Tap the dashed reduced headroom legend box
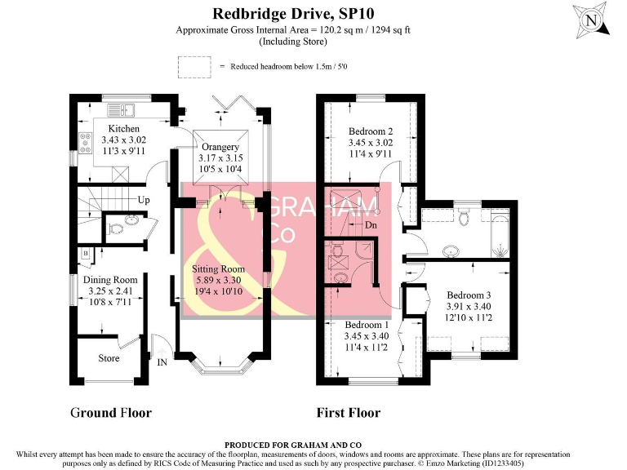[193, 65]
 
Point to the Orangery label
[220, 147]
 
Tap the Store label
[109, 358]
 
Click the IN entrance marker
[162, 361]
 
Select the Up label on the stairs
[144, 200]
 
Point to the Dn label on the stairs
[371, 224]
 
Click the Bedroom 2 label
[371, 131]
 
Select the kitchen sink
[127, 109]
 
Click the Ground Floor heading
[110, 412]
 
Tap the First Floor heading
[348, 412]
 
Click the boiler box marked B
[85, 255]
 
